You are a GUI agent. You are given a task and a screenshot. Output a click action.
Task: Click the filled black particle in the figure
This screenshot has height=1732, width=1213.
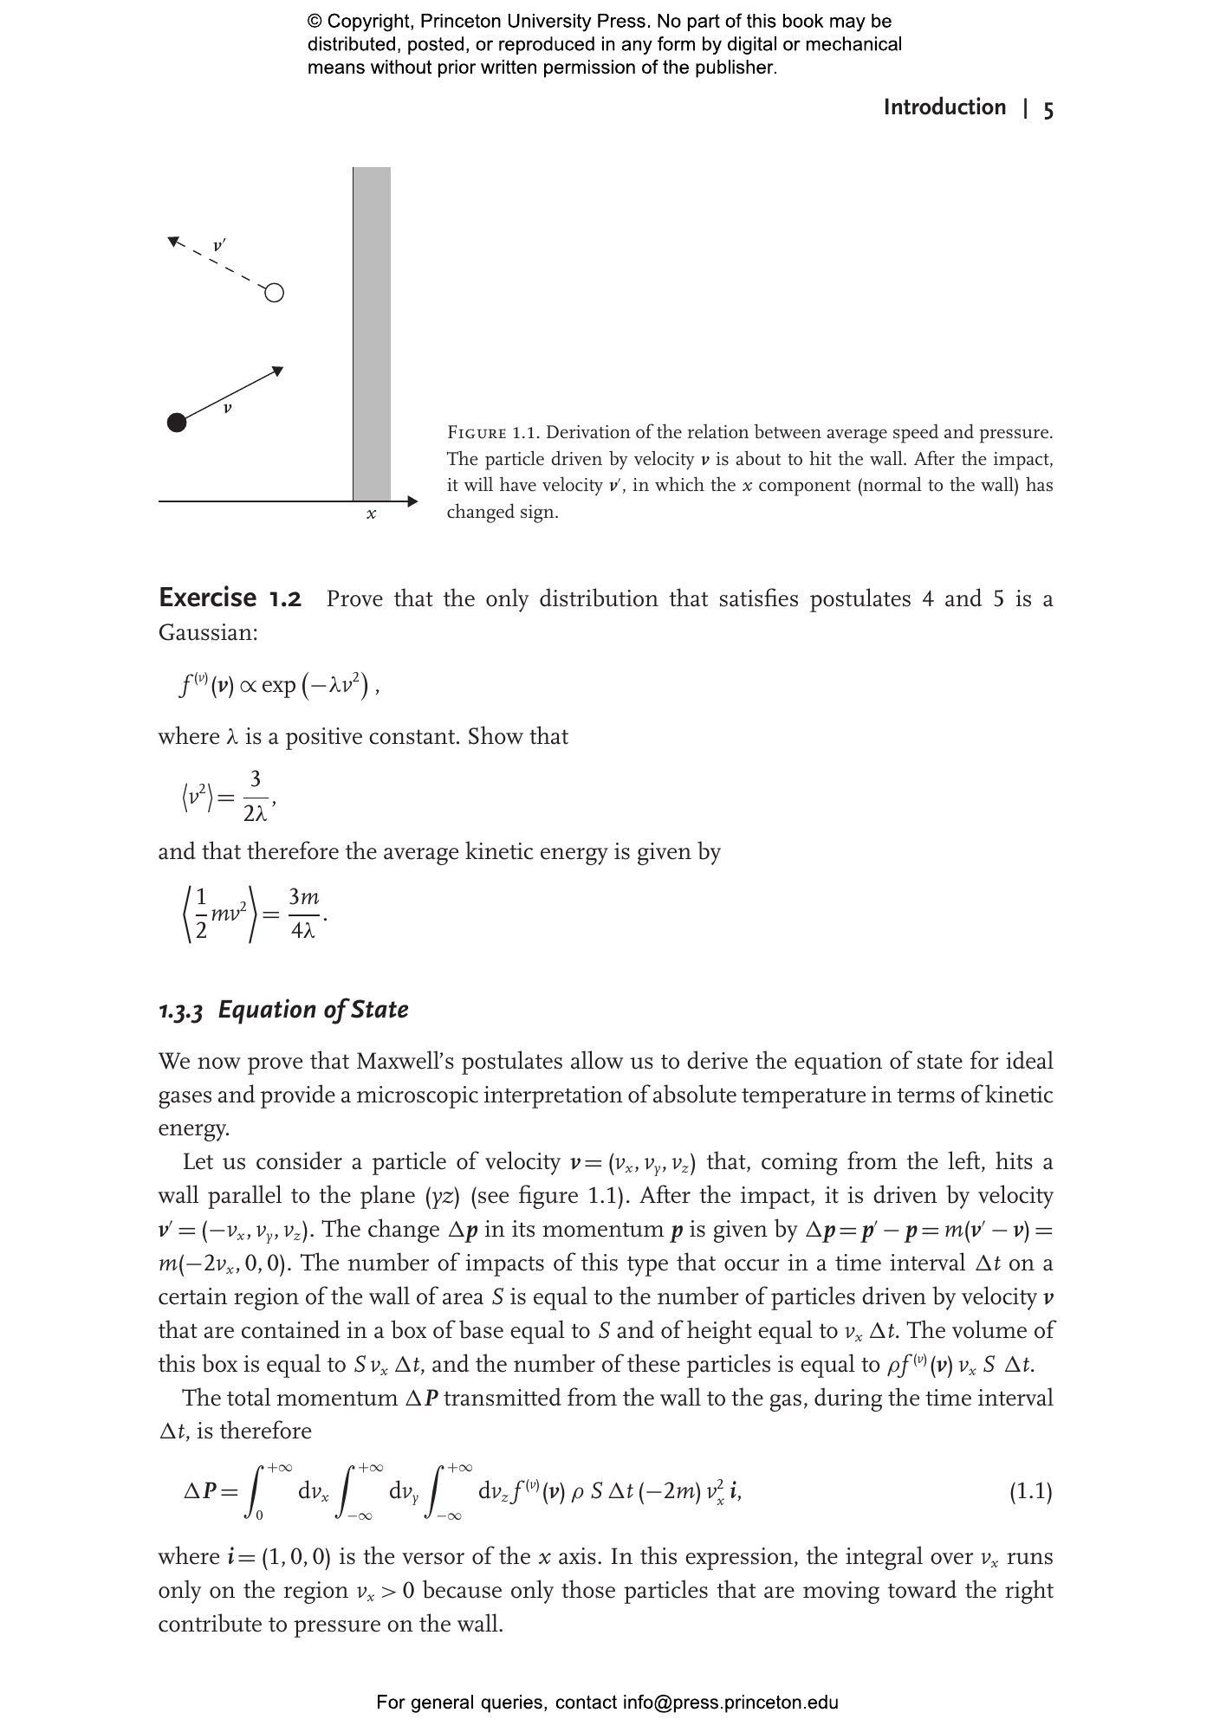point(177,423)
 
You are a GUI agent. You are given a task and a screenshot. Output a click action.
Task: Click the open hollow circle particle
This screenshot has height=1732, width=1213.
point(274,293)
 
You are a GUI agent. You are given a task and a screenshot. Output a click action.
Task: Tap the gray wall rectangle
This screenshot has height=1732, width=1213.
point(372,333)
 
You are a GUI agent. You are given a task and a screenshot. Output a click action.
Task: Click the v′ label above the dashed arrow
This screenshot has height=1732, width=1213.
point(220,246)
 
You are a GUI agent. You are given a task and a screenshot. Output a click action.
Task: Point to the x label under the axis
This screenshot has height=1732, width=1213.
point(371,514)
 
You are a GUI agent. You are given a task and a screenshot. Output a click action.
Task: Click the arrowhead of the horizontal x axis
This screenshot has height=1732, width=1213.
point(412,501)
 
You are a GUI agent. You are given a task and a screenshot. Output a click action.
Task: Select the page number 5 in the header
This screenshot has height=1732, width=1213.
point(1048,109)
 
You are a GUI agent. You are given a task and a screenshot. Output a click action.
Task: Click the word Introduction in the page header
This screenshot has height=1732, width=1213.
point(944,107)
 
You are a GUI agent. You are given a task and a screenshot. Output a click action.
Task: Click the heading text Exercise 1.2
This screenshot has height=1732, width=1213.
point(230,598)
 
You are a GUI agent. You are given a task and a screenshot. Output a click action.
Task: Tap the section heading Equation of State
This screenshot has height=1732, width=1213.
point(313,1010)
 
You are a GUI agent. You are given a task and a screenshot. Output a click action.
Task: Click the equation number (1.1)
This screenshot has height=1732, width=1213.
point(1030,1491)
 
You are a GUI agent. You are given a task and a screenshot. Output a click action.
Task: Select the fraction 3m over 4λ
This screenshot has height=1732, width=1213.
point(303,914)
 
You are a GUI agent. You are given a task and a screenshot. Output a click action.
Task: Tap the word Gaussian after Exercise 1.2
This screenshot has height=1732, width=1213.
point(207,632)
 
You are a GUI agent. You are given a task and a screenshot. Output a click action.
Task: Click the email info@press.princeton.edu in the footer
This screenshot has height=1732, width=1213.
point(730,1703)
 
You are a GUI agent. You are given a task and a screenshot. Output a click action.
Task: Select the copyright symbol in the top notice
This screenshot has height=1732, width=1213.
point(315,22)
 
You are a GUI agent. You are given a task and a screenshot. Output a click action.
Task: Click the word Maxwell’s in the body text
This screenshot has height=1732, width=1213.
point(406,1061)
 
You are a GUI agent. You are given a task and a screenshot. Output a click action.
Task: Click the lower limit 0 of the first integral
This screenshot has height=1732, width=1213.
point(260,1515)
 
